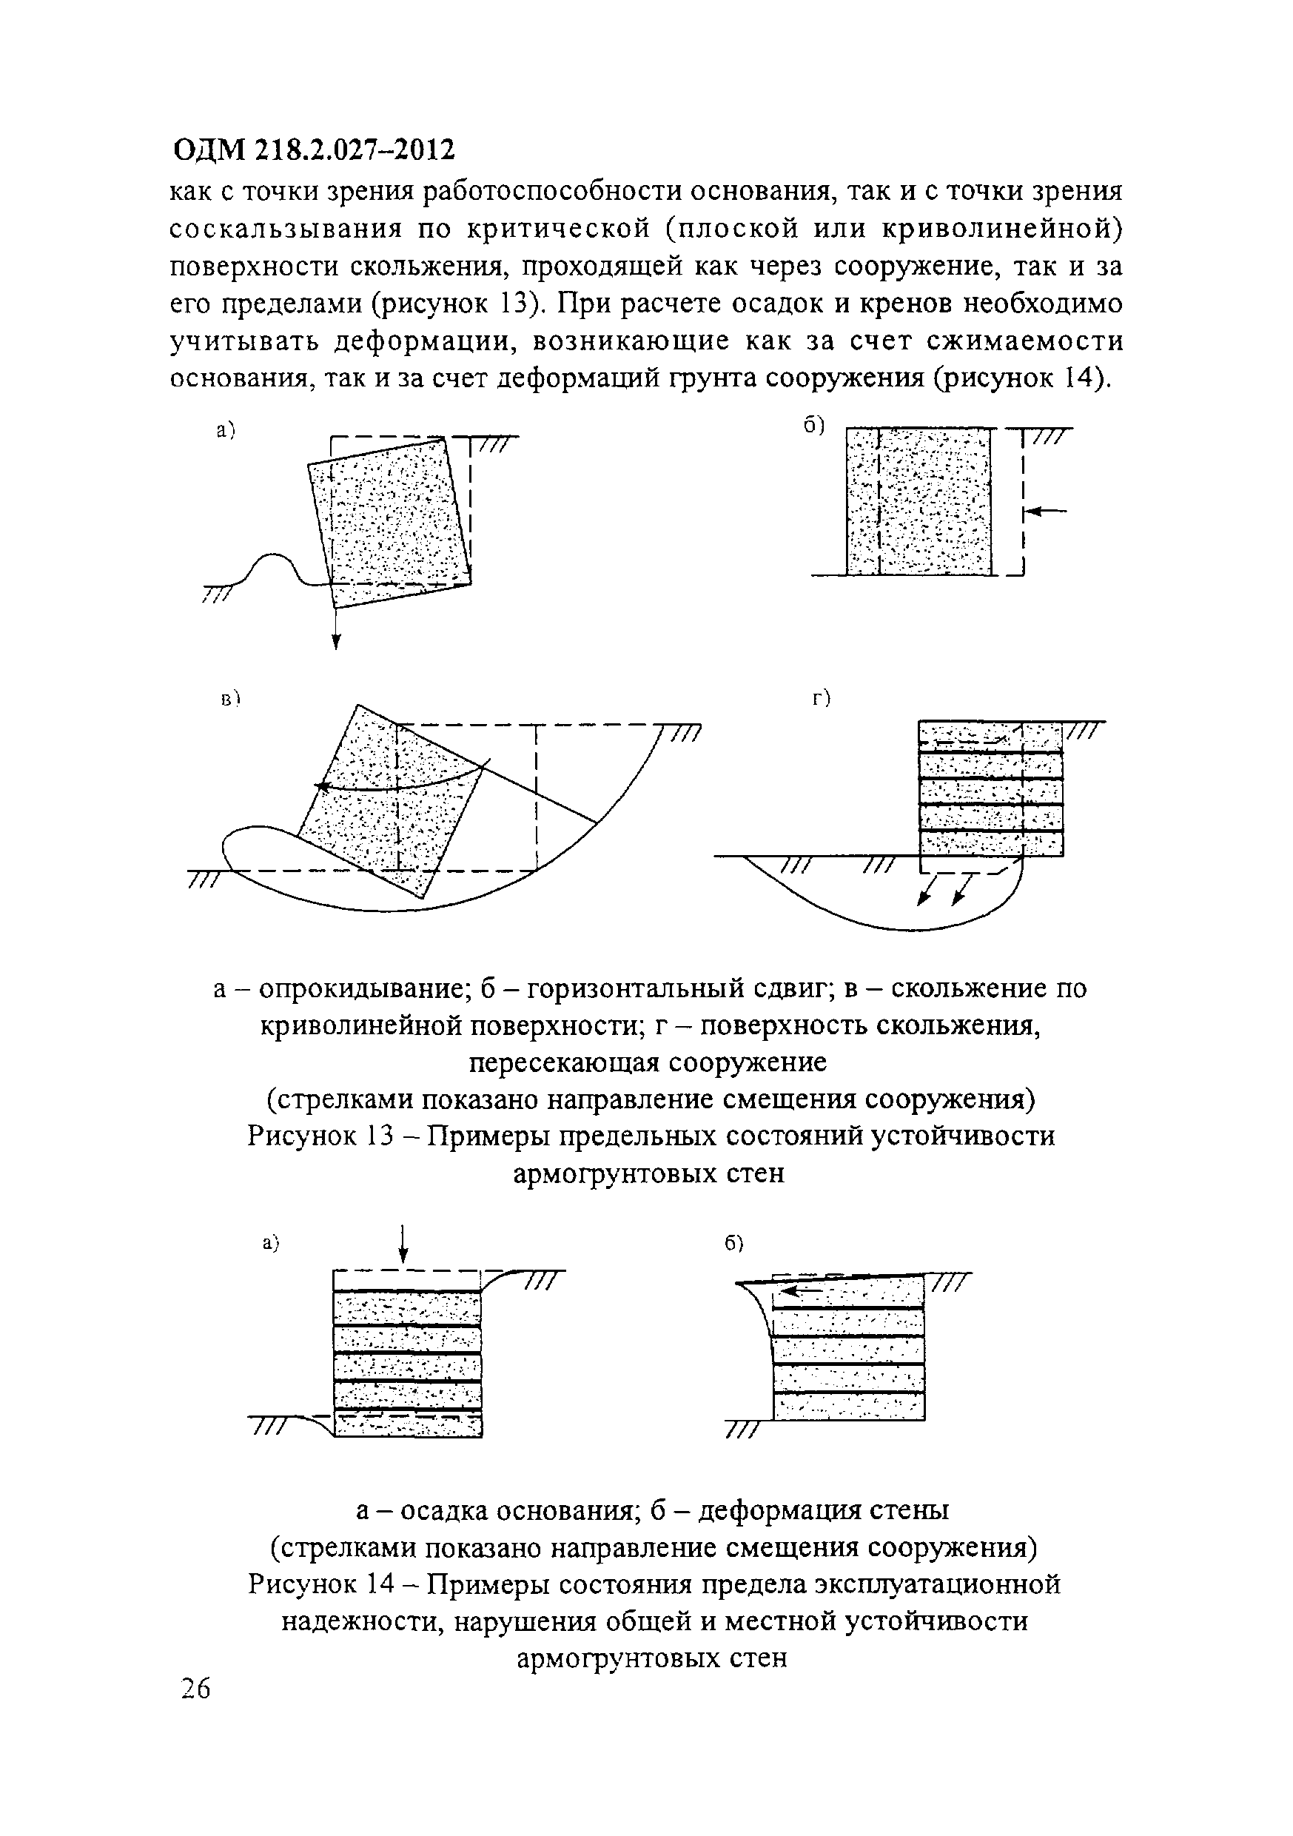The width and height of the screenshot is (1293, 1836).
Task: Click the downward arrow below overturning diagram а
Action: (x=336, y=631)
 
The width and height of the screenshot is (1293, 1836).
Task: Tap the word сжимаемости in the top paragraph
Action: (x=1024, y=341)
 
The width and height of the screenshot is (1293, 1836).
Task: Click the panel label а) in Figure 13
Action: (x=226, y=431)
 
